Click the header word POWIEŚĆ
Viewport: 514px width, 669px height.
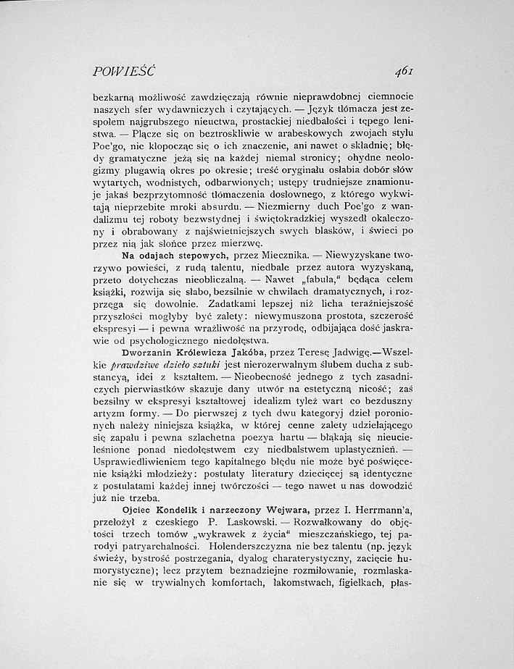click(x=125, y=70)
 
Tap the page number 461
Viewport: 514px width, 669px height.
click(x=399, y=70)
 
